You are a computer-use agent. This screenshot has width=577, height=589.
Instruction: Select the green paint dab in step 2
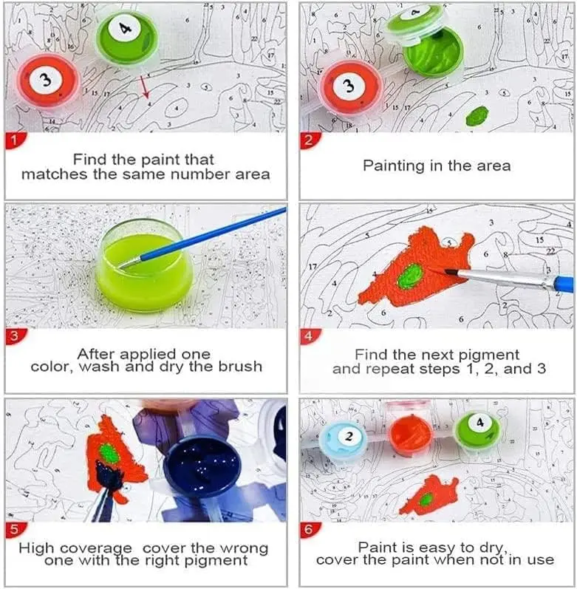point(478,115)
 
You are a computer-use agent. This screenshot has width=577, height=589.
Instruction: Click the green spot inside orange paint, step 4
point(410,277)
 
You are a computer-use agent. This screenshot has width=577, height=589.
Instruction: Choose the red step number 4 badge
point(309,337)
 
